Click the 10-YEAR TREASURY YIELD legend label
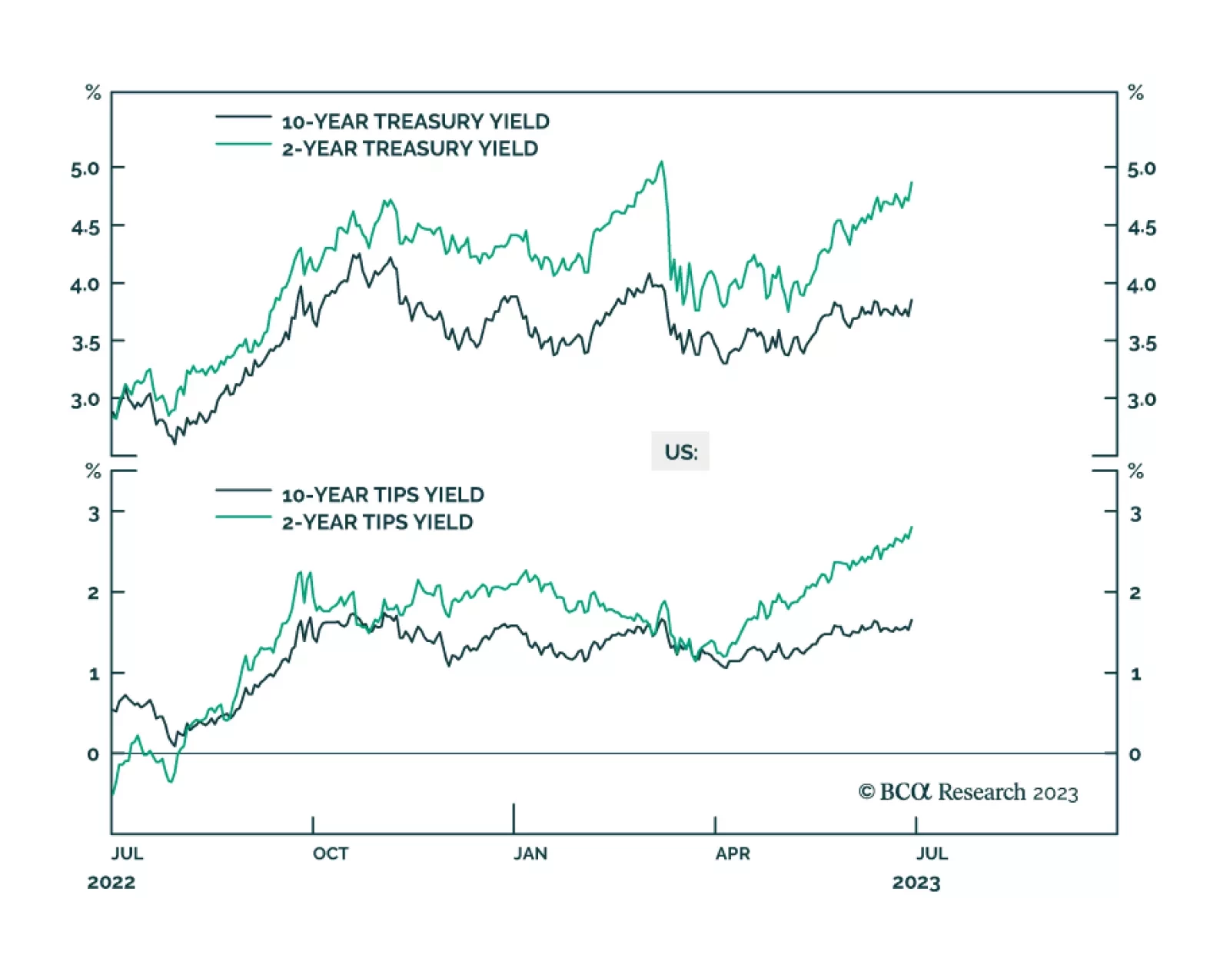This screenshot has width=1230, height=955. point(415,121)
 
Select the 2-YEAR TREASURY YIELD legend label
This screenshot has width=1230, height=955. point(410,148)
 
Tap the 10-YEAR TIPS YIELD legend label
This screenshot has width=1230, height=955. point(383,494)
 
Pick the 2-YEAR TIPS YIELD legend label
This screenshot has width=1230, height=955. point(377,522)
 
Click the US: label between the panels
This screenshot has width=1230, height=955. point(680,451)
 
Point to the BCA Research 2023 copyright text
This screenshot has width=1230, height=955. point(968,792)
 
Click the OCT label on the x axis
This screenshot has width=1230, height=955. point(331,854)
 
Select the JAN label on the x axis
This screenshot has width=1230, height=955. point(530,854)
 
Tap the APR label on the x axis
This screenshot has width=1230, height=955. point(733,854)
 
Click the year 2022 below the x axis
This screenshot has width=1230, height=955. point(111,882)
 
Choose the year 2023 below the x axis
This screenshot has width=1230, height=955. point(916,882)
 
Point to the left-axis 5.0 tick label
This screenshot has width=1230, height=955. point(85,168)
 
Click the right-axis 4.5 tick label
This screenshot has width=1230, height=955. point(1142,227)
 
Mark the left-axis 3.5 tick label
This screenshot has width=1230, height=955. point(85,343)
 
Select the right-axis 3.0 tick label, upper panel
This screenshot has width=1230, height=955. point(1142,400)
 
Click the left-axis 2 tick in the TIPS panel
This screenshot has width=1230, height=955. point(93,593)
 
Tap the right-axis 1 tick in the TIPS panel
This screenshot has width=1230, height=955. point(1135,674)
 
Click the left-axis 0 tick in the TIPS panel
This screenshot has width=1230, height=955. point(93,754)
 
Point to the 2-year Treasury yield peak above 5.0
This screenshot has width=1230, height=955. point(661,162)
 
